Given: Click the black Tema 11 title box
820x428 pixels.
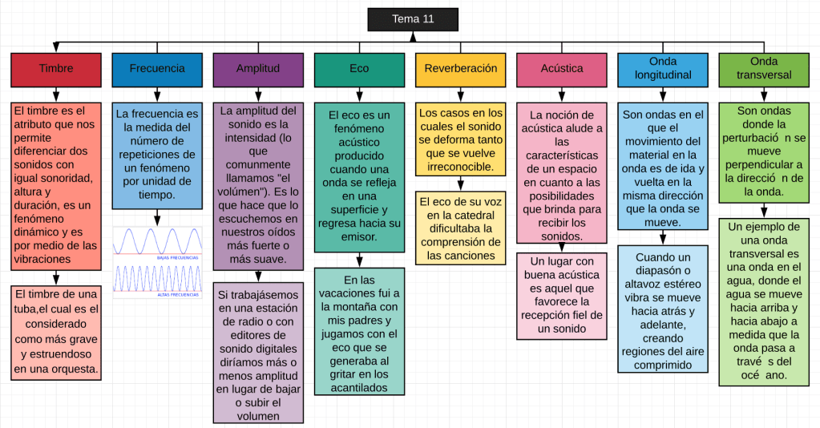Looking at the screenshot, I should click(x=413, y=19).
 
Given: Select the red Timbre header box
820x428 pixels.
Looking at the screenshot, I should click(x=56, y=69).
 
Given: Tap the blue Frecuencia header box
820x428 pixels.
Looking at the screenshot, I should click(x=157, y=69).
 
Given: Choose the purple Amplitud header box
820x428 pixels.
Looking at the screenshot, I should click(x=258, y=69).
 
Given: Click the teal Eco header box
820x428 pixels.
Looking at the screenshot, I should click(x=359, y=69).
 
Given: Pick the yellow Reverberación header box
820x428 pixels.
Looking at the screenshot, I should click(x=461, y=69).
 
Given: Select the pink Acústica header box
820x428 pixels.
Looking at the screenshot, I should click(x=562, y=69).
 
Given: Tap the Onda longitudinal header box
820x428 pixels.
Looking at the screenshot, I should click(x=663, y=69).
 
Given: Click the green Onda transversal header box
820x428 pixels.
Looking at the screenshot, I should click(x=764, y=69).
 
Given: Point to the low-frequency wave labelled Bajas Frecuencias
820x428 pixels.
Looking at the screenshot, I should click(x=157, y=241).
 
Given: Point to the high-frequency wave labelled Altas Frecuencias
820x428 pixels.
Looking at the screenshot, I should click(x=157, y=278).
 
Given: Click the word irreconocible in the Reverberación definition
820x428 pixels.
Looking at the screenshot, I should click(x=461, y=168).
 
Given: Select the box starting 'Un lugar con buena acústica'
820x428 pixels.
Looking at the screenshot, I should click(x=562, y=295).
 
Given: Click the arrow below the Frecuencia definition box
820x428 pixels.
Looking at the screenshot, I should click(x=157, y=217).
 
